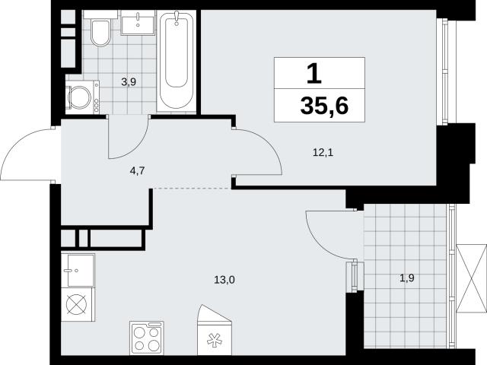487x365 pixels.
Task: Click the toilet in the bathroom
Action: click(100, 32)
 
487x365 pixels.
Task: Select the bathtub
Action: click(176, 61)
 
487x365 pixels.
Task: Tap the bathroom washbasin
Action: click(137, 23)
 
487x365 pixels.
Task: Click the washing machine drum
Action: click(79, 98)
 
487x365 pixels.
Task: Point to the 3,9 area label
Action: click(129, 82)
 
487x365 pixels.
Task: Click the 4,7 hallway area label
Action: click(138, 170)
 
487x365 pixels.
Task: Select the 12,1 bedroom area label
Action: click(323, 152)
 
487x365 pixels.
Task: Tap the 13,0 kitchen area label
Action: click(224, 280)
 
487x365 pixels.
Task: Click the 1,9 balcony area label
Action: click(407, 278)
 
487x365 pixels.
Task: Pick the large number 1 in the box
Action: click(314, 74)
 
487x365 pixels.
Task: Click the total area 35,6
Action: click(324, 106)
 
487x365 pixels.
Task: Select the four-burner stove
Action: click(147, 338)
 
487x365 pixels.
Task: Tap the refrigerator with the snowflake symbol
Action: click(215, 330)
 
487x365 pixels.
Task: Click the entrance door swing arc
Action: click(18, 146)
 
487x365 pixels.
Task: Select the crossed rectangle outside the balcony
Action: click(472, 278)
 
